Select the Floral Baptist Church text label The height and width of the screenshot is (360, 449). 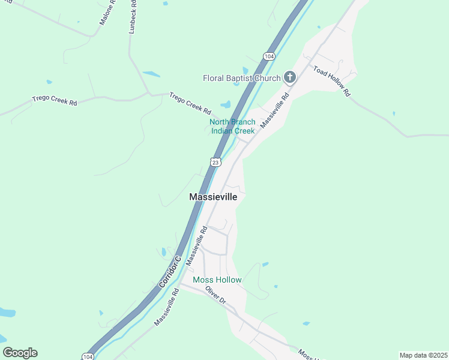(242, 78)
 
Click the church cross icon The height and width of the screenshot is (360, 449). (290, 77)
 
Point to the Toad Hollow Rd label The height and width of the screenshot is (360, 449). (331, 82)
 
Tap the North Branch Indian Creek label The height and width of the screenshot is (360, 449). (232, 127)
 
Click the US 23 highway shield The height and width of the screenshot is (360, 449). (216, 162)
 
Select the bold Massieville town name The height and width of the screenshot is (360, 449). (213, 197)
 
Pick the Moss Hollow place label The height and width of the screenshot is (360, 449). (217, 280)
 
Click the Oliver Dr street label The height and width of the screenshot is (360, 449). (214, 295)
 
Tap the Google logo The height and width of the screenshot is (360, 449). (20, 353)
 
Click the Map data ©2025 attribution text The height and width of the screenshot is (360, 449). (423, 355)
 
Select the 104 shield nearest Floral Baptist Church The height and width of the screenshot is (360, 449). (268, 56)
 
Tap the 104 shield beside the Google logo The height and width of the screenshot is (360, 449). (88, 357)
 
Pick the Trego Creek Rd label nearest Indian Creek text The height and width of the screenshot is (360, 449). (190, 103)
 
